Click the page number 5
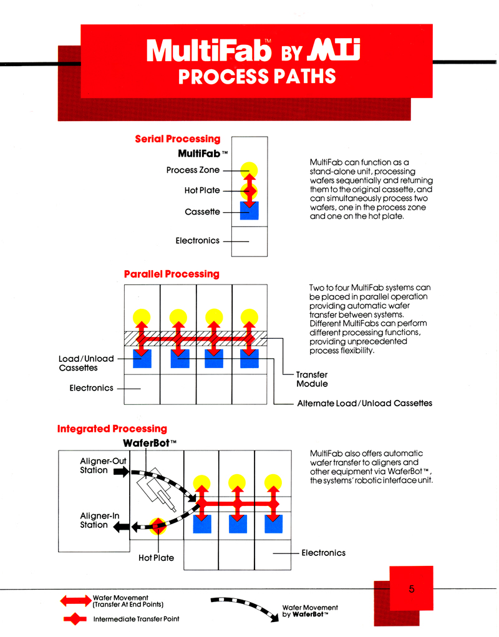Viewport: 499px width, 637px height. point(412,589)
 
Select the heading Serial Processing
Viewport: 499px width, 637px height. point(178,139)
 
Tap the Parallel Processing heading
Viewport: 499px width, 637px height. point(172,275)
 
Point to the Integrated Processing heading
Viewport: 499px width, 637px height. point(112,429)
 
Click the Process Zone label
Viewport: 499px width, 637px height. point(193,170)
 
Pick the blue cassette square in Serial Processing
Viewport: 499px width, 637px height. point(249,211)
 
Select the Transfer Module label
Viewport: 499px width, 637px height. point(312,379)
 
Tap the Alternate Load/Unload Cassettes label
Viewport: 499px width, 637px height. point(365,403)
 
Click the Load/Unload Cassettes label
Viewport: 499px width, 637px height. point(86,363)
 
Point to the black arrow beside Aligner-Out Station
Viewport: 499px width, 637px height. point(121,471)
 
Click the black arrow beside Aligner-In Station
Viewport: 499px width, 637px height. point(121,527)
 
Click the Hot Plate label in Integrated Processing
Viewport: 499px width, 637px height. point(157,558)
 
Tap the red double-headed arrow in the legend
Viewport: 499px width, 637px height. point(76,601)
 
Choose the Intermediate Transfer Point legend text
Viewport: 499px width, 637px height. point(137,619)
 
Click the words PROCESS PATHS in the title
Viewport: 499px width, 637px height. point(257,76)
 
